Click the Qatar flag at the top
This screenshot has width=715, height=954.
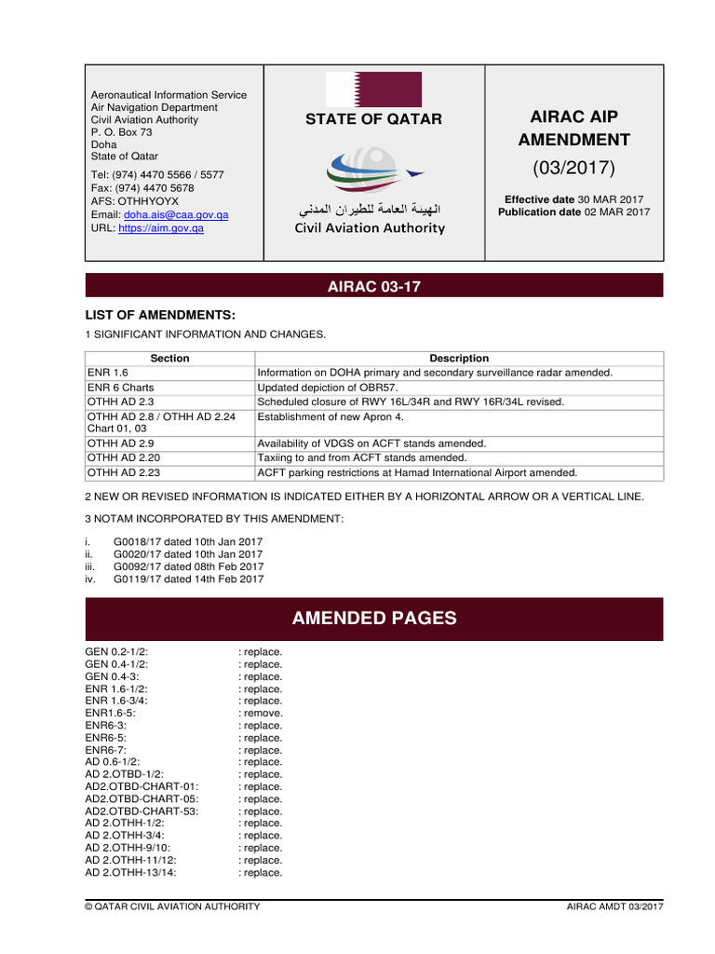(x=374, y=89)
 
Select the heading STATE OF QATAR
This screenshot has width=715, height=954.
(x=374, y=119)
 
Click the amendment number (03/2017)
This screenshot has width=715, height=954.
(x=573, y=169)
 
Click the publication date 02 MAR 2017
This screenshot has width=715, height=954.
(x=616, y=212)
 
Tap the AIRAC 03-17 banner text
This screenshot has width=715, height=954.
(x=374, y=287)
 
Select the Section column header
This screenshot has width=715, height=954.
(x=169, y=358)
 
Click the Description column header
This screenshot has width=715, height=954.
(x=459, y=358)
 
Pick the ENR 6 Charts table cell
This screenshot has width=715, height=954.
(x=121, y=387)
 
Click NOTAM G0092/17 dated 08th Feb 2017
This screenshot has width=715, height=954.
(x=188, y=566)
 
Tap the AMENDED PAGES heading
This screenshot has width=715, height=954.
(x=374, y=619)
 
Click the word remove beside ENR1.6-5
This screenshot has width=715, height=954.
(x=263, y=713)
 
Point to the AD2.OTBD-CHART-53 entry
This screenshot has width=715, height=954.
(x=142, y=811)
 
